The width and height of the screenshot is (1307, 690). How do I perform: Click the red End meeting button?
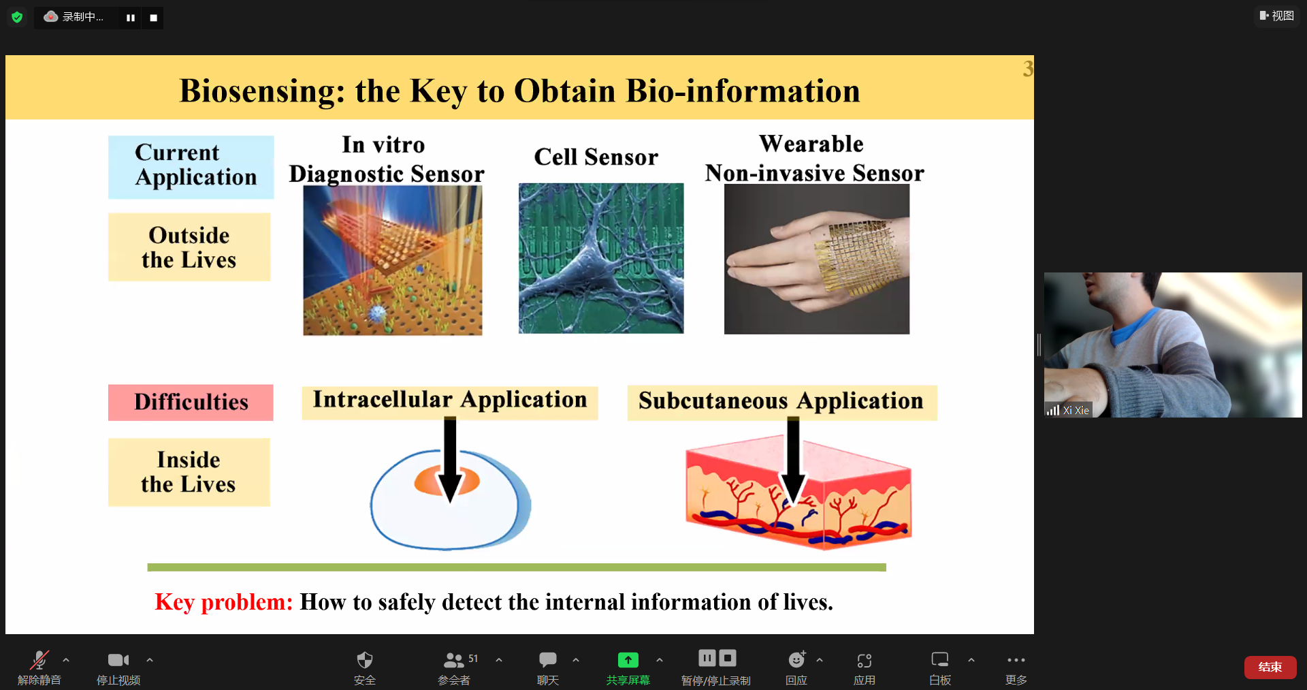click(1270, 667)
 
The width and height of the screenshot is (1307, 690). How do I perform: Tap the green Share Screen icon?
click(628, 659)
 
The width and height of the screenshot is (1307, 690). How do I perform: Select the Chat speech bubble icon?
click(547, 659)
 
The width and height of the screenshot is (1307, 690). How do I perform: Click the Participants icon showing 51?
click(454, 659)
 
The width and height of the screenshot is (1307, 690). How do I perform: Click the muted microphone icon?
click(39, 659)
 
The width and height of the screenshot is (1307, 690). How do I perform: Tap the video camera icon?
click(118, 659)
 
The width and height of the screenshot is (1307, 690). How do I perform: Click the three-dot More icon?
click(1016, 659)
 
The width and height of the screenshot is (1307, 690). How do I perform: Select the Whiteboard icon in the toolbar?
click(939, 659)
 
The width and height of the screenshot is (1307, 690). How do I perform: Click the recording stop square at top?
click(153, 18)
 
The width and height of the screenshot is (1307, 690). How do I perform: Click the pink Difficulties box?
click(191, 402)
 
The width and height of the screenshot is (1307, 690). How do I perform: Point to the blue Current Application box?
click(191, 167)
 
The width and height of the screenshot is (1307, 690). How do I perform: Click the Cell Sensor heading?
click(596, 157)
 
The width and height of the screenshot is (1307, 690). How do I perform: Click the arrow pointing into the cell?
click(450, 460)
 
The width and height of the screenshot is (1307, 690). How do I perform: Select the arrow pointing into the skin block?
click(793, 460)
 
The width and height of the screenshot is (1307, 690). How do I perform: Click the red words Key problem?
click(223, 602)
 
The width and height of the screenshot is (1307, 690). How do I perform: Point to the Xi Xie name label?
click(1076, 410)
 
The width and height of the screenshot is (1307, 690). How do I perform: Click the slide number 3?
click(1028, 68)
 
